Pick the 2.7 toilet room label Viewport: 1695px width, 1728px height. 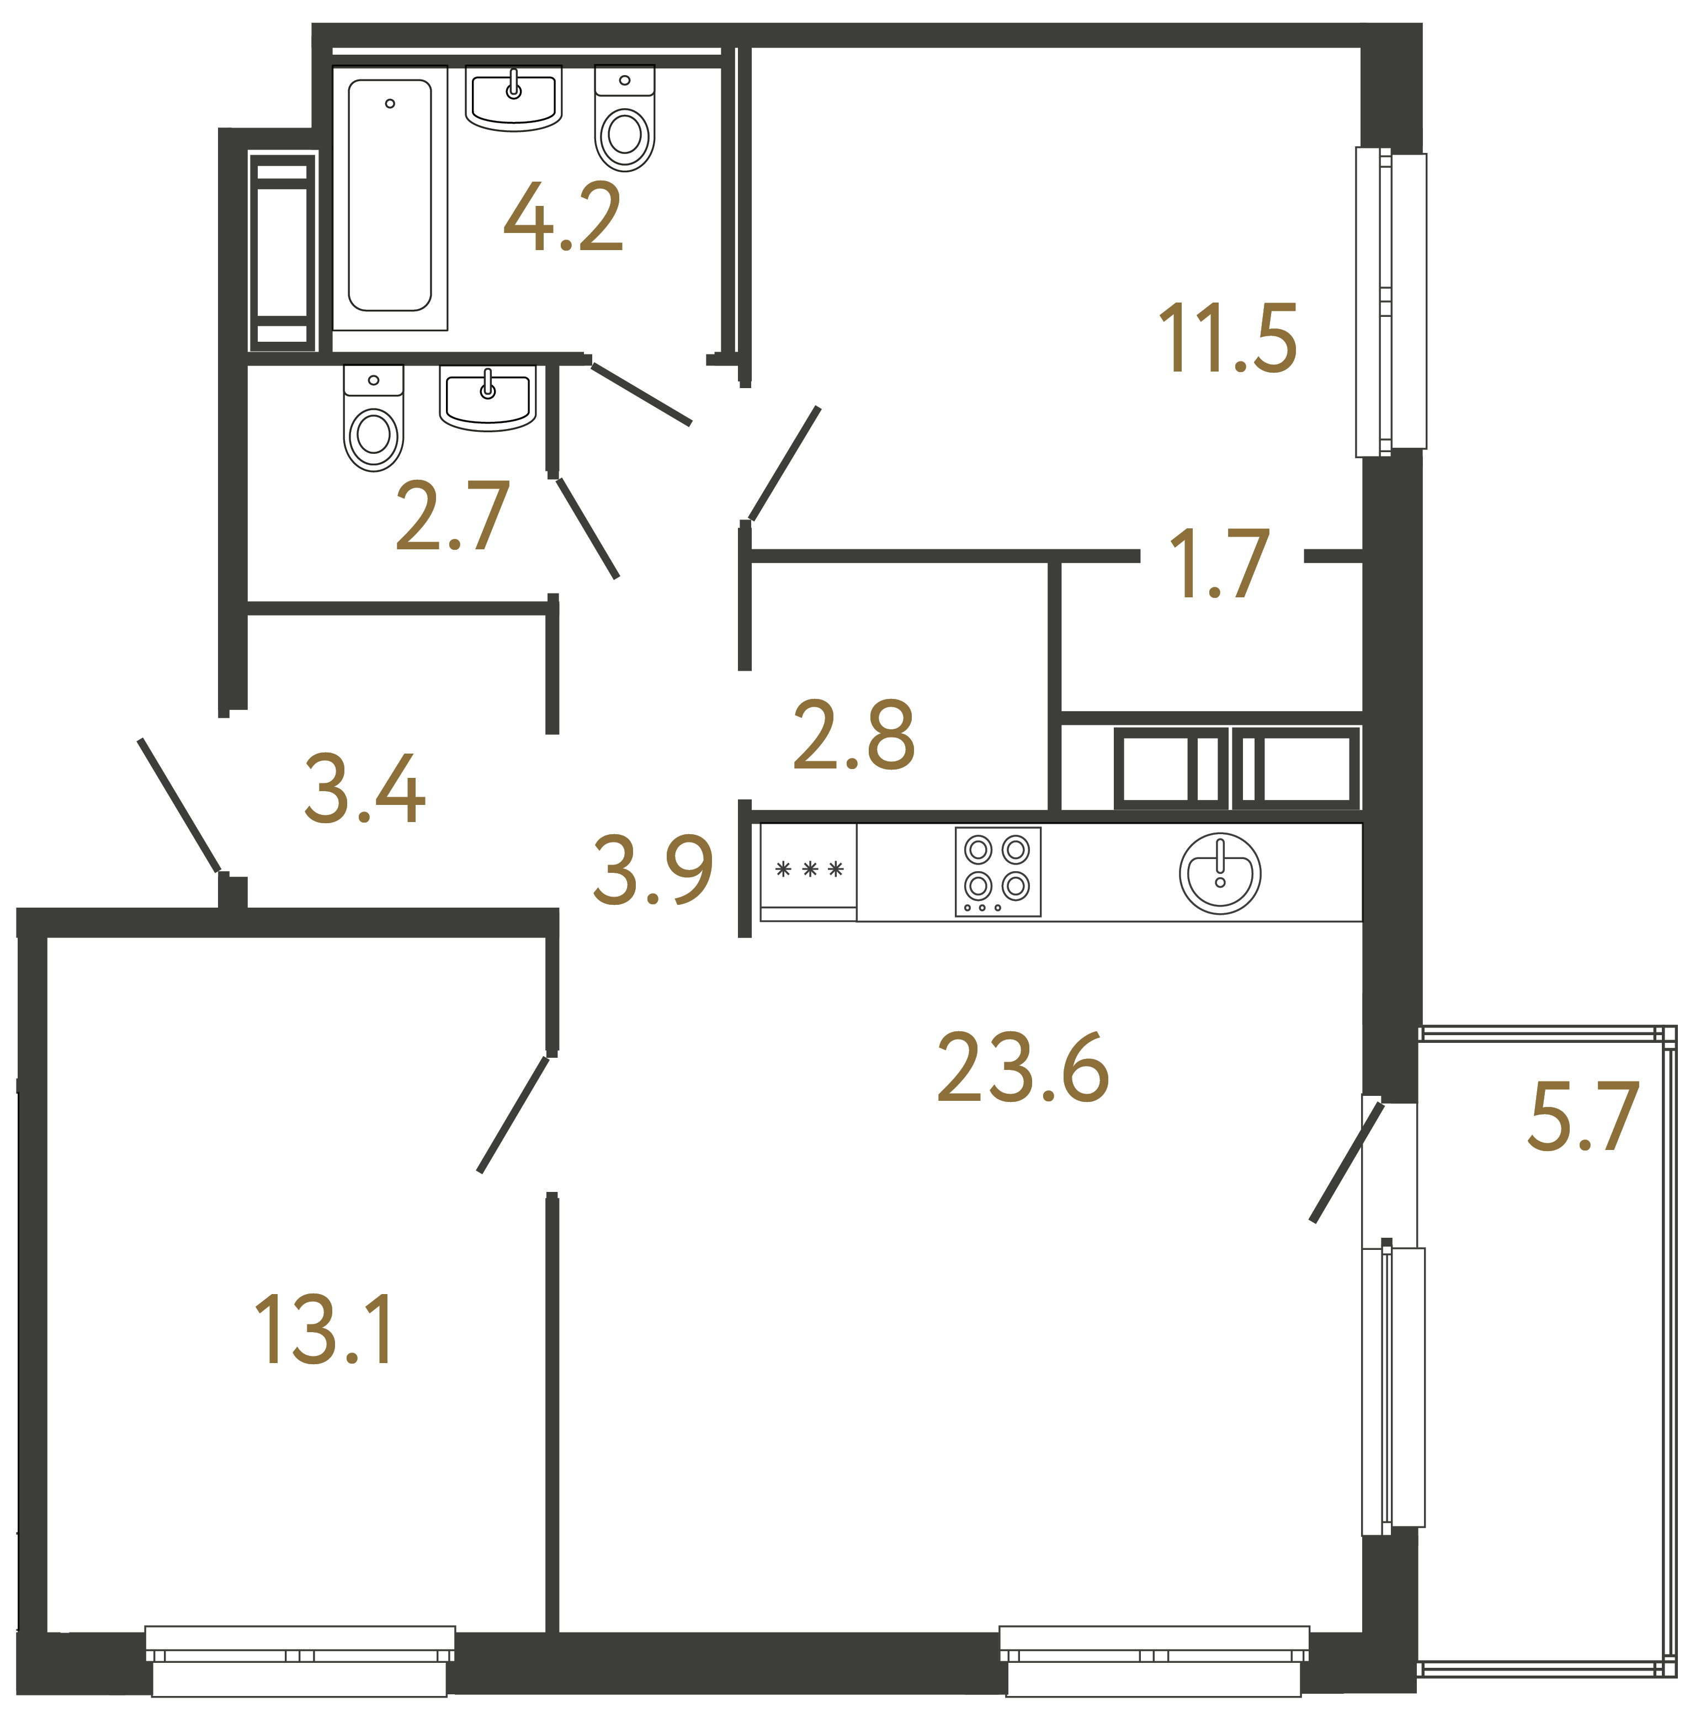tap(452, 516)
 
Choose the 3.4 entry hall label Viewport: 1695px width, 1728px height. tap(365, 789)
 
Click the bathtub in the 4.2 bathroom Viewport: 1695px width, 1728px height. tap(390, 196)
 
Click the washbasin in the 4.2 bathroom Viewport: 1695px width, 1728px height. tap(514, 97)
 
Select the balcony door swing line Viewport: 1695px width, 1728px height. tap(1346, 1162)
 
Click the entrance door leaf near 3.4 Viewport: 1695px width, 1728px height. tap(179, 805)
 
